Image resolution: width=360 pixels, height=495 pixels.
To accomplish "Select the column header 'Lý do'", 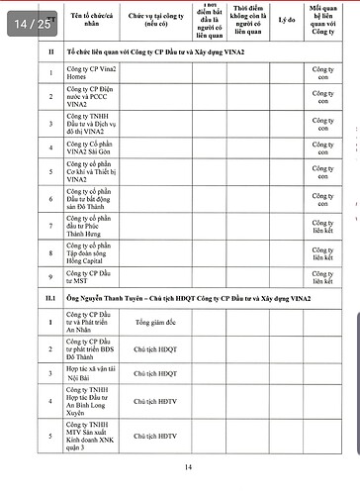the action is (287, 19).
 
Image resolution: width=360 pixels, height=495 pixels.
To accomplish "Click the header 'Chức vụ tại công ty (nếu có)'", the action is (156, 19).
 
